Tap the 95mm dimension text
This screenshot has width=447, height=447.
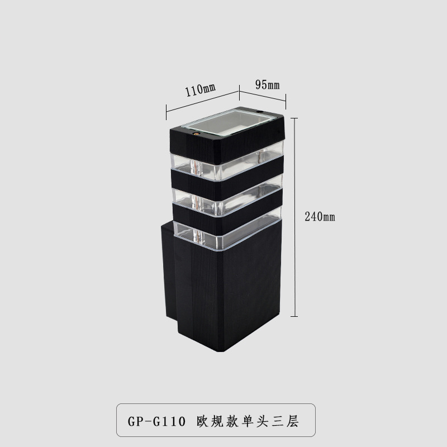[267, 84]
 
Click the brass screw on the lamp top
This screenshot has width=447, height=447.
[195, 133]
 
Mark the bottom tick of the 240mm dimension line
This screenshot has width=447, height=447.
[295, 316]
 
